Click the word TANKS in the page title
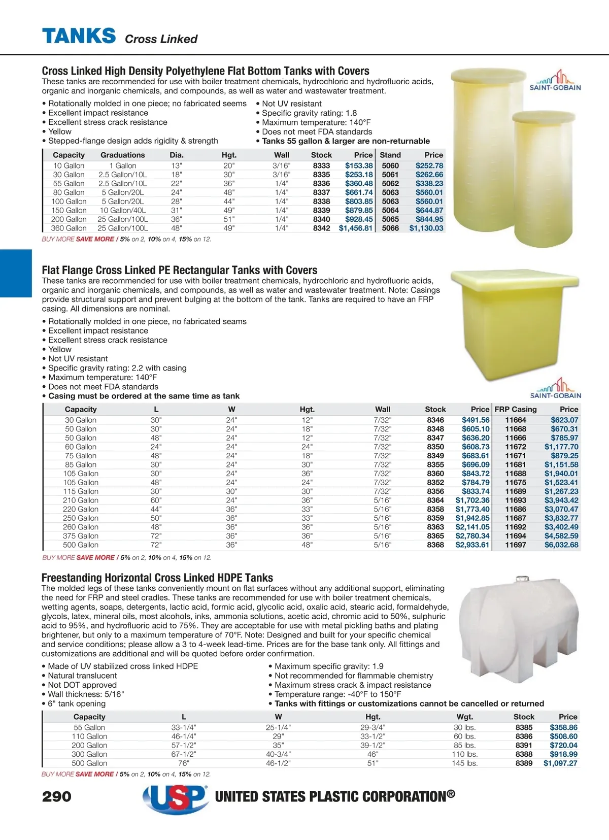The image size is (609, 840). coord(79,36)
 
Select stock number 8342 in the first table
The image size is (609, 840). coord(321,228)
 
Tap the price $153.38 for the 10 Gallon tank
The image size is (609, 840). coord(359,165)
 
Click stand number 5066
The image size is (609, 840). coord(390,228)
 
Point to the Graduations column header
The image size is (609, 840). coord(122,155)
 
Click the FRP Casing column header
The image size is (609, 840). coord(516,409)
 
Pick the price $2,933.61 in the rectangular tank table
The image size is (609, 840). coord(472,545)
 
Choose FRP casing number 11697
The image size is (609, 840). coord(516,545)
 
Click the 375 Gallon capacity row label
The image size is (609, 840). coord(81,536)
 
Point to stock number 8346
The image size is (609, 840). coord(435,420)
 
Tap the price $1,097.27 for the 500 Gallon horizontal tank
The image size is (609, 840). coord(560,763)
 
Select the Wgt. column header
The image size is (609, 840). coord(464,717)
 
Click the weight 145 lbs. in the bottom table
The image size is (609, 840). coord(464,763)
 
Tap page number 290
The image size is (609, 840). coord(57,796)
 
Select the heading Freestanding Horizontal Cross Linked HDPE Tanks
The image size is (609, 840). coord(157,578)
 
